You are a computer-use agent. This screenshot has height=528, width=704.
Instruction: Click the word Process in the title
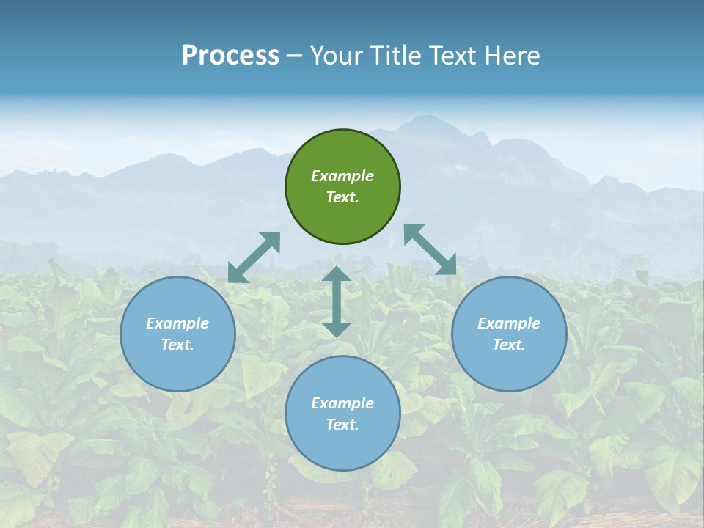click(230, 56)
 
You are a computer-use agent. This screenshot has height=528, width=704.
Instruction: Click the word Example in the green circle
click(342, 176)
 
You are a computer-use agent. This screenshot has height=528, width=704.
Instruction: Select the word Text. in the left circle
click(177, 345)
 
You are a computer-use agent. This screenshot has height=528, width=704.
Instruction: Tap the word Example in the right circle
click(509, 323)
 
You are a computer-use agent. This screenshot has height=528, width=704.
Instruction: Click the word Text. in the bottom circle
click(342, 425)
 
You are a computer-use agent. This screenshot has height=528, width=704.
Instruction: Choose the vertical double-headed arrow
click(336, 301)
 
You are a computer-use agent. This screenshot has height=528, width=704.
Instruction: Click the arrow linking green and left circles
click(254, 257)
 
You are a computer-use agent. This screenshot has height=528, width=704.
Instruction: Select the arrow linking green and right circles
click(430, 249)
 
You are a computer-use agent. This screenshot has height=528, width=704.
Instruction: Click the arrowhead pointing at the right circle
click(447, 265)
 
